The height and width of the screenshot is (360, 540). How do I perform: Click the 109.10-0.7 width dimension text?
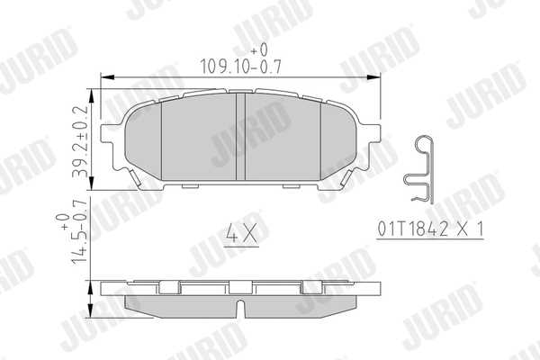[240, 66]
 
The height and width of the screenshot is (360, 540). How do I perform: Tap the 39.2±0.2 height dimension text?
[81, 141]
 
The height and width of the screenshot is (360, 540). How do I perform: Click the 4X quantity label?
[241, 232]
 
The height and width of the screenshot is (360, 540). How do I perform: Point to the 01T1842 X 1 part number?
[430, 229]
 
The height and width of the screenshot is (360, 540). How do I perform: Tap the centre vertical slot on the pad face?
[240, 137]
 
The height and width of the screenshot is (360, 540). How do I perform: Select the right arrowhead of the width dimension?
[374, 77]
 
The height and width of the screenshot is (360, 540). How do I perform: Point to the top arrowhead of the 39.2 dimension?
[92, 95]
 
